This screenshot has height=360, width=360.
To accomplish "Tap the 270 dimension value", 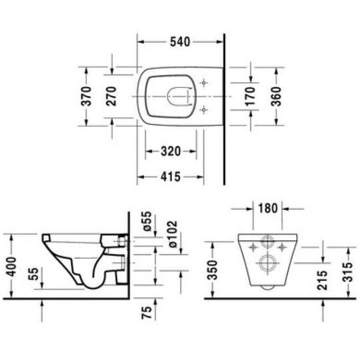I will coord(112,96).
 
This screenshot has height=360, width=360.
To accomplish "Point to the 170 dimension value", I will coord(251,96).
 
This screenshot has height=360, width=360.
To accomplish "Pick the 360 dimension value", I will coord(276,96).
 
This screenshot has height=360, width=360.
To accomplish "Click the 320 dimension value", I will coord(171,151).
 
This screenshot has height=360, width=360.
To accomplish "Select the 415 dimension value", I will coord(170,177).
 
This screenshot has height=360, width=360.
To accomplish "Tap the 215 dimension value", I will coord(323,280).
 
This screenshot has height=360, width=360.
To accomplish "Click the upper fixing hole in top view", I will coord(204,83).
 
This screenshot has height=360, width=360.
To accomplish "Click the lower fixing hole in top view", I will coord(204,109).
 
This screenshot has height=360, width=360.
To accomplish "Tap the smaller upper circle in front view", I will coord(268,241).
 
